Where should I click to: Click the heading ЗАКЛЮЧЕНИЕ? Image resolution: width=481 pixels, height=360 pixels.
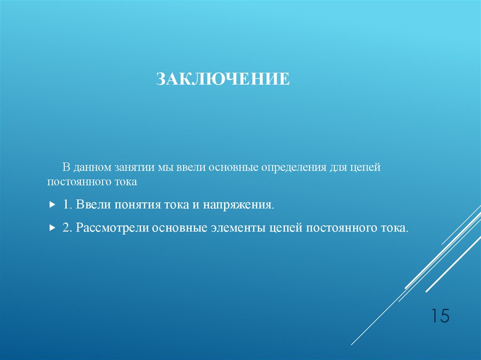(x=223, y=79)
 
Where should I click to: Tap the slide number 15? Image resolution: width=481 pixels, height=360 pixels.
(x=440, y=316)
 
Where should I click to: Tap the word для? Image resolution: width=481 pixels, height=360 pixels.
(x=338, y=168)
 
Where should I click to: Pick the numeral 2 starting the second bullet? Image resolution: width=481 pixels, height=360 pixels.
(x=65, y=228)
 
